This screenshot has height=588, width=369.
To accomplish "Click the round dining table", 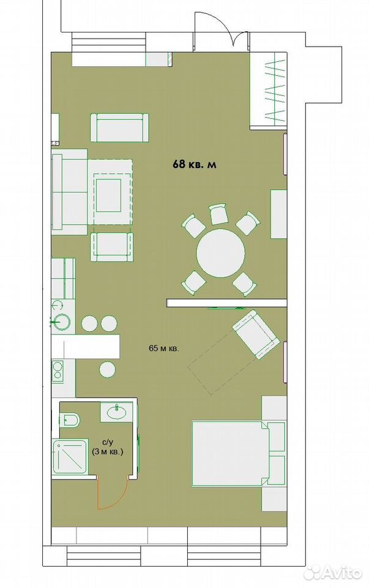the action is click(221, 253).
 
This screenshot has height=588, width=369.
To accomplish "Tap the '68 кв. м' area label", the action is click(195, 164).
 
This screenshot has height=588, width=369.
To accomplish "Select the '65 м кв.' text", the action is click(164, 348).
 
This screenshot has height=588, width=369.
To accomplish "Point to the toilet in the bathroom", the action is click(70, 420).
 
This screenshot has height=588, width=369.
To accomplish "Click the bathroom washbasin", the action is click(117, 412).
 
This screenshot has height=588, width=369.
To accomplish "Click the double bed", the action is click(230, 454).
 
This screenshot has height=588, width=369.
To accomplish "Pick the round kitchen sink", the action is click(62, 321).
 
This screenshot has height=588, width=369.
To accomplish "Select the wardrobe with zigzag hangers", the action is click(269, 91).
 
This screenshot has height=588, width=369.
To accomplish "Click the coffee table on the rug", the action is click(109, 195).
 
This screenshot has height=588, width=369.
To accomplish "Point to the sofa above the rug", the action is click(119, 128).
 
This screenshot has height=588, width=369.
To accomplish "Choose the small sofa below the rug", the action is click(111, 247).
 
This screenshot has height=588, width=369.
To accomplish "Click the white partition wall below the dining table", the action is click(226, 303).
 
